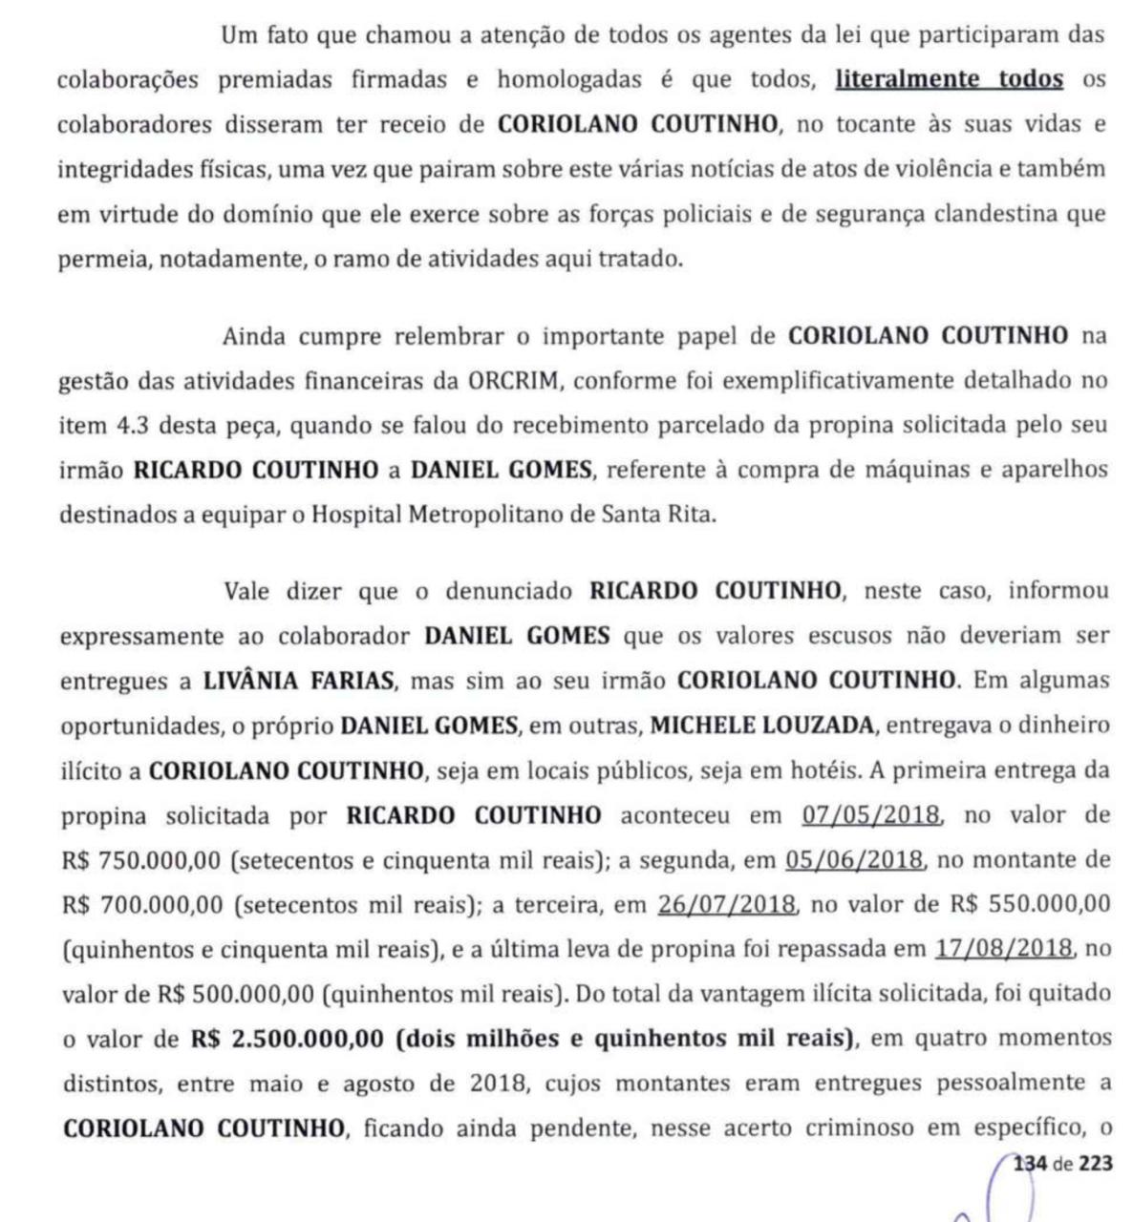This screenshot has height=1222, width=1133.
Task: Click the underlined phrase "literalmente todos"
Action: [949, 79]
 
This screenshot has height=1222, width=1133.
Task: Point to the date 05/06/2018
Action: [855, 860]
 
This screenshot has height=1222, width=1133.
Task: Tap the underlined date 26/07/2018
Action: [726, 904]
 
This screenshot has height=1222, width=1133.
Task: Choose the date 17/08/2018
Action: [1004, 949]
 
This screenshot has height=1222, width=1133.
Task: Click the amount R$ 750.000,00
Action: [141, 860]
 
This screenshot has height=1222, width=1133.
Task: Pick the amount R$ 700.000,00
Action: [141, 904]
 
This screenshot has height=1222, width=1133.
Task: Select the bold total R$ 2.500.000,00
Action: [288, 1039]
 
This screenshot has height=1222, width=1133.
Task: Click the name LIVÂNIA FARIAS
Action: [298, 682]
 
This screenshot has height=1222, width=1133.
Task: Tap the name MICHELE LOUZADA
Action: [761, 726]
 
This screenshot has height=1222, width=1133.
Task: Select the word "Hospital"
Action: [357, 515]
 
